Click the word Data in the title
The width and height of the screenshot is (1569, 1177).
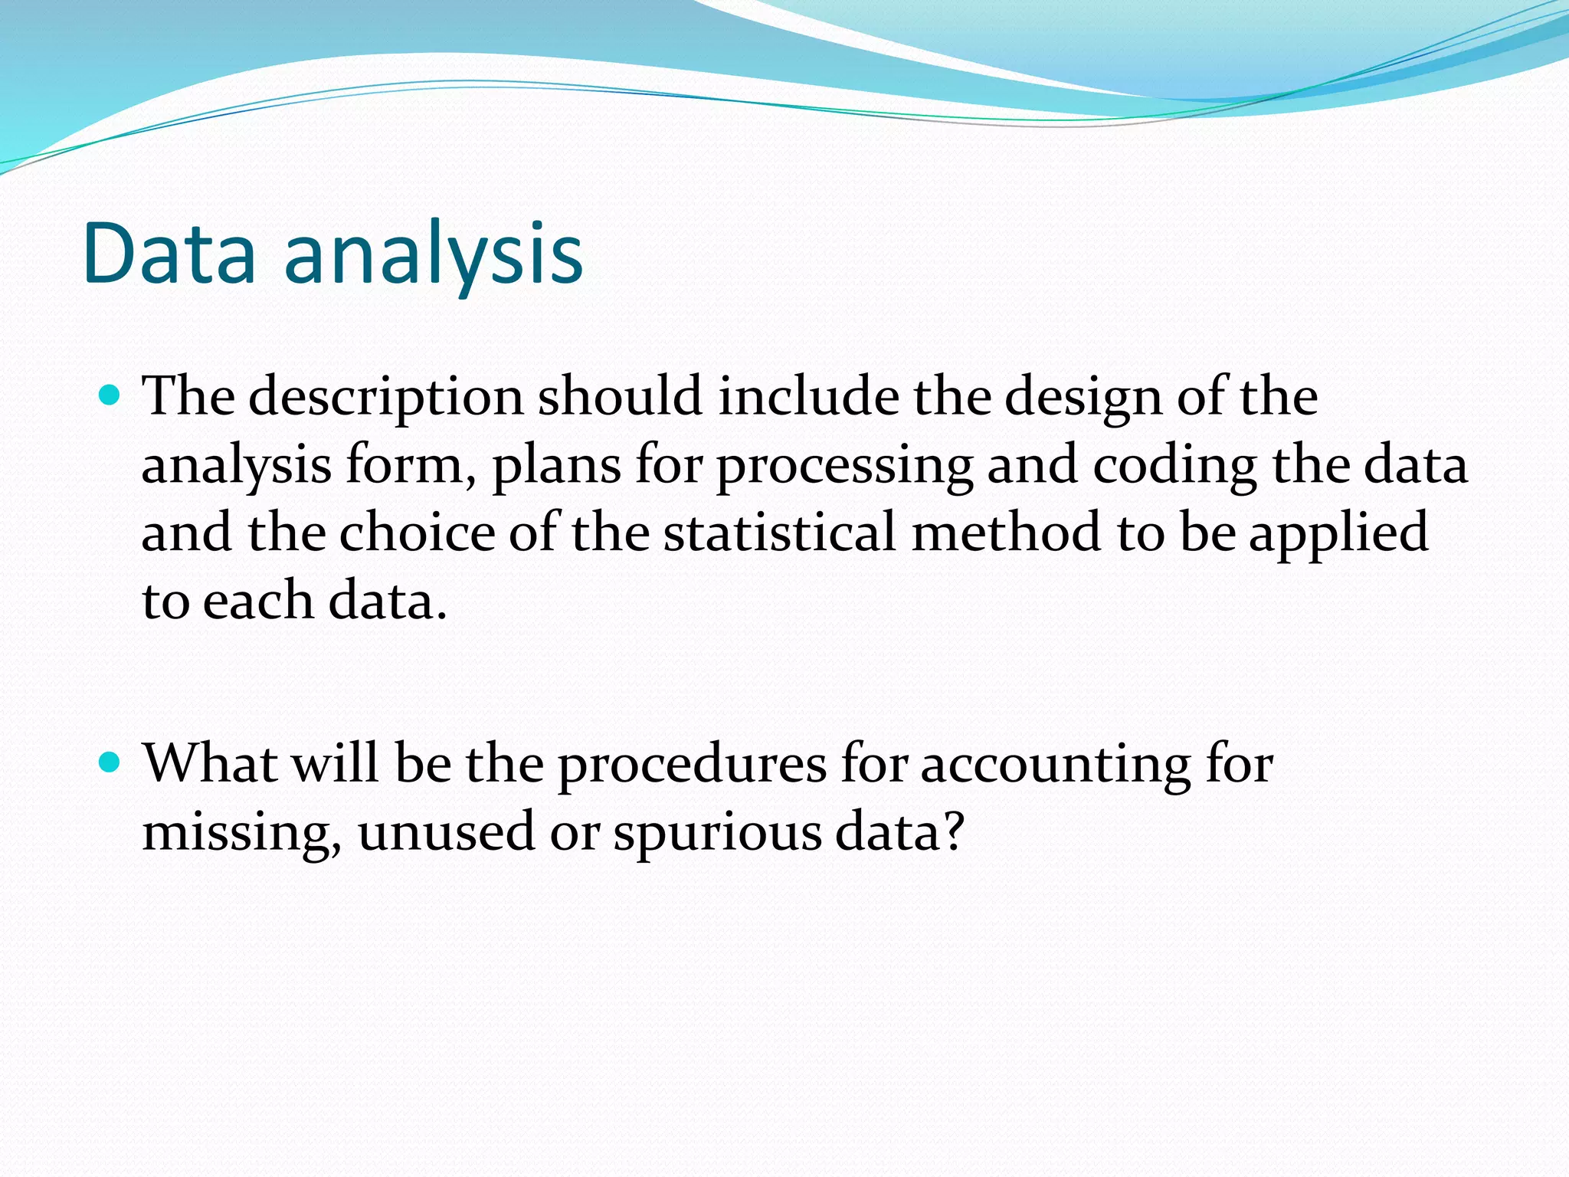pos(169,253)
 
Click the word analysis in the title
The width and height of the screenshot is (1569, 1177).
pos(434,257)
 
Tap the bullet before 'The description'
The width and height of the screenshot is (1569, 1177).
pos(110,395)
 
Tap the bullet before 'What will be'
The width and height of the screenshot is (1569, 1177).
pos(110,762)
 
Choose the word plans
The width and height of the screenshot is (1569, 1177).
pos(556,466)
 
